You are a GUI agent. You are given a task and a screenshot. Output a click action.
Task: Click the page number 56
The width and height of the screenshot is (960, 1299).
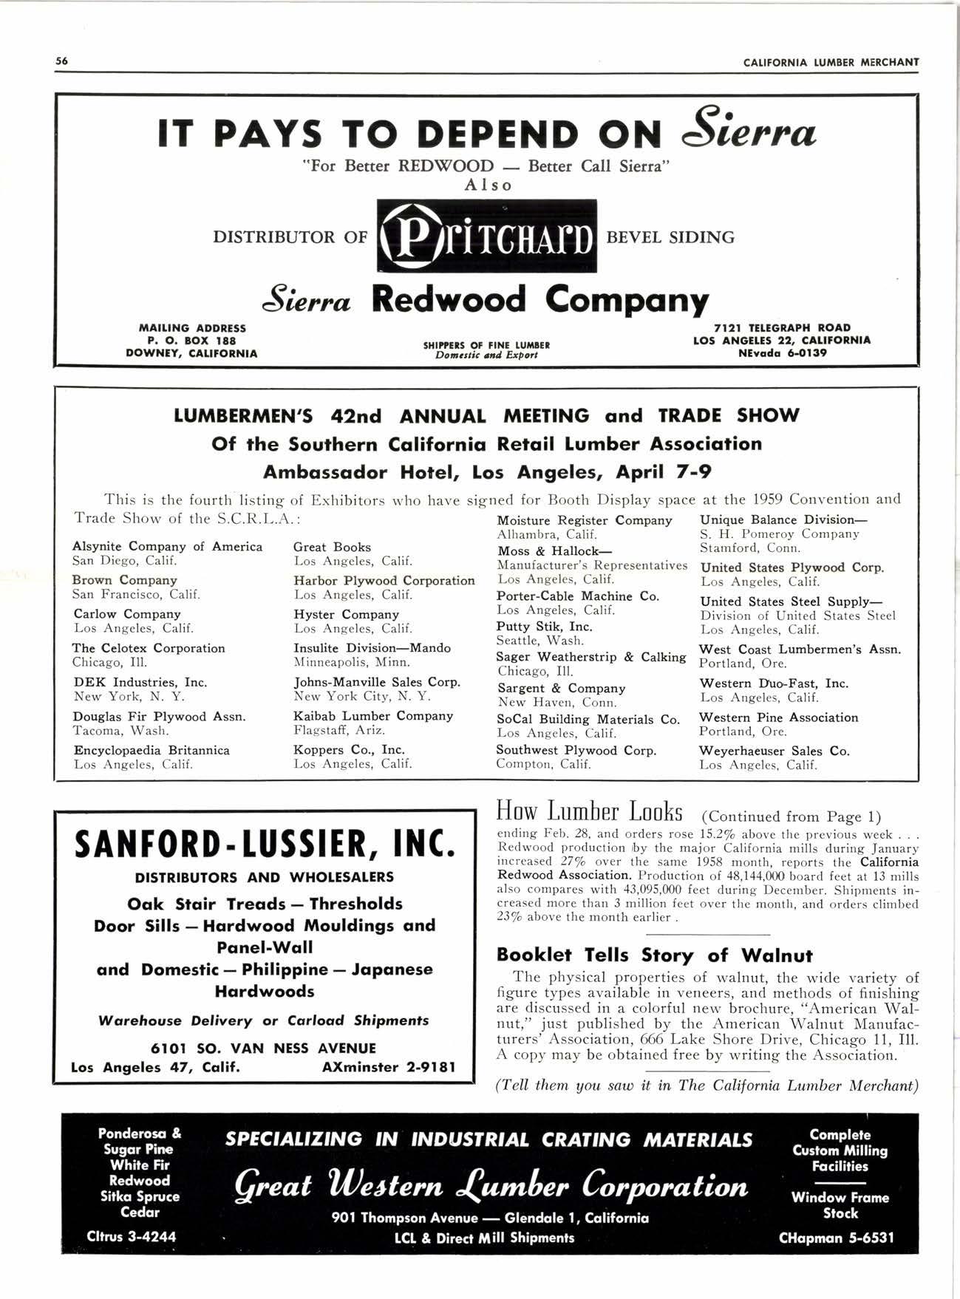pyautogui.click(x=61, y=61)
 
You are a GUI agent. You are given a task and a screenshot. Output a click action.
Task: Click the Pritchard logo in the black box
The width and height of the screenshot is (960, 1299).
pyautogui.click(x=486, y=236)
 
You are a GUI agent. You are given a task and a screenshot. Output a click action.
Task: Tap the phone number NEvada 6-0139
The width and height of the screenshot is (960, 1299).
pyautogui.click(x=783, y=353)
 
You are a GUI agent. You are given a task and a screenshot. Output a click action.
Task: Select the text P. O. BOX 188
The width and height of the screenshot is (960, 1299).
pyautogui.click(x=191, y=341)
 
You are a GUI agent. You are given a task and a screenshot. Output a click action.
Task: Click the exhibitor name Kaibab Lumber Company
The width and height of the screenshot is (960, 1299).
pyautogui.click(x=372, y=716)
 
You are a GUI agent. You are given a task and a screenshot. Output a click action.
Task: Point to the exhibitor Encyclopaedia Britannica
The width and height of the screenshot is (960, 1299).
pyautogui.click(x=151, y=750)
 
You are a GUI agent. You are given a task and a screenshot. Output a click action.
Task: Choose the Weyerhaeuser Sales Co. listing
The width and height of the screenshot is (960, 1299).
pyautogui.click(x=774, y=751)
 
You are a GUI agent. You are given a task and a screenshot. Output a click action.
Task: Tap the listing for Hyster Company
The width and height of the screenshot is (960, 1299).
pyautogui.click(x=346, y=614)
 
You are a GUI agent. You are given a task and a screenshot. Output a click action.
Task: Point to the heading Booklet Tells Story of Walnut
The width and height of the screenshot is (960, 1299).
pyautogui.click(x=654, y=955)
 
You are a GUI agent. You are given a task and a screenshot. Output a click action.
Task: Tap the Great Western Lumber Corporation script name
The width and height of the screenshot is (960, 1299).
pyautogui.click(x=491, y=1186)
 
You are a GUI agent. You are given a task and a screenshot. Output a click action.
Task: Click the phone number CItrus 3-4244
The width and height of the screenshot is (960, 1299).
pyautogui.click(x=132, y=1237)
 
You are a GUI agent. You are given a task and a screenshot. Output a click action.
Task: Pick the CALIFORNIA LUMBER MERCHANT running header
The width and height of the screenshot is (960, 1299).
pyautogui.click(x=831, y=62)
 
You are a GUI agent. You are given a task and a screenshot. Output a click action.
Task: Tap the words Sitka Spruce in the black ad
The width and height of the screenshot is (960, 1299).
pyautogui.click(x=140, y=1196)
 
